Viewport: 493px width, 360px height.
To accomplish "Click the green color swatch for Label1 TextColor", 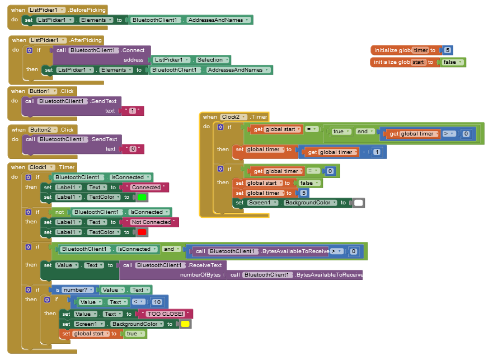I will click(142, 197).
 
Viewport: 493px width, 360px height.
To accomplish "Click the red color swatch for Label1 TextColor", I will click(142, 232).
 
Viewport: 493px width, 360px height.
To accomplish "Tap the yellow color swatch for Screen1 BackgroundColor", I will click(185, 324).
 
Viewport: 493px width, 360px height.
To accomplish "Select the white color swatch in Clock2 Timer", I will click(359, 203).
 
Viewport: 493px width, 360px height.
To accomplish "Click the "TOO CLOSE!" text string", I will click(166, 314).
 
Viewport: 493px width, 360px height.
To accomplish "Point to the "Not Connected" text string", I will click(151, 222).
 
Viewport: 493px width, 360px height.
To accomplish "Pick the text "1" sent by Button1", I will click(133, 111).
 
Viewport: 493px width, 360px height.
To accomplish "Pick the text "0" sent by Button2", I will click(133, 149).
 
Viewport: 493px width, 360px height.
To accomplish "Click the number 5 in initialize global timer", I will click(448, 50).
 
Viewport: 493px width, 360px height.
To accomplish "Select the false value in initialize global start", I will click(452, 62).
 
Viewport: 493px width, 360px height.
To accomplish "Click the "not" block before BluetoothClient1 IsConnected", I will click(60, 212).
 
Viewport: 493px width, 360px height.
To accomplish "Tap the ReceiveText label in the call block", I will click(205, 265).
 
